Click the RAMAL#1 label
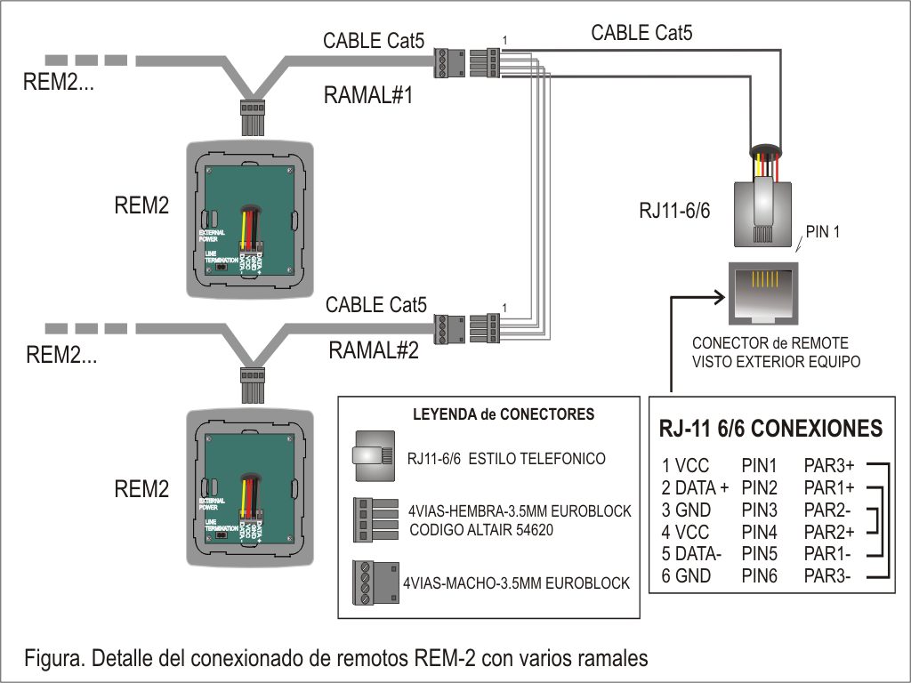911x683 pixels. (x=368, y=96)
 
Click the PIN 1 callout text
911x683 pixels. (x=822, y=232)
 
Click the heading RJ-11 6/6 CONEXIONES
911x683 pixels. (x=770, y=429)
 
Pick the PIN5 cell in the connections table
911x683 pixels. (x=760, y=554)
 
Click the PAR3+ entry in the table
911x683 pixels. (x=829, y=464)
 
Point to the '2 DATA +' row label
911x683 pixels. (x=695, y=487)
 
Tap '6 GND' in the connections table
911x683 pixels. (x=687, y=576)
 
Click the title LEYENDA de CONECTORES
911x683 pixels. (x=491, y=414)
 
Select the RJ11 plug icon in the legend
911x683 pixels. (x=374, y=451)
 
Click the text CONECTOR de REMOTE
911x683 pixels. (x=770, y=343)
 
